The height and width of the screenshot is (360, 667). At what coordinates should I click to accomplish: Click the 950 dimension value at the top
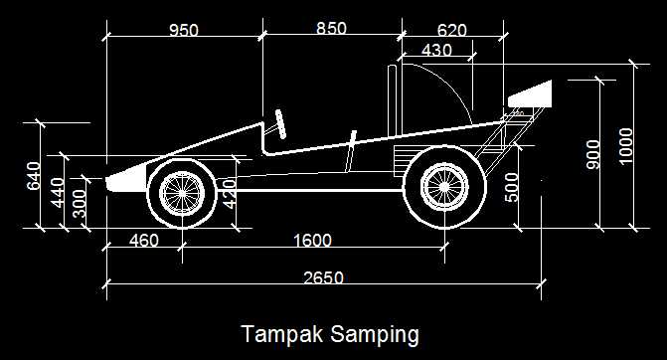click(x=184, y=31)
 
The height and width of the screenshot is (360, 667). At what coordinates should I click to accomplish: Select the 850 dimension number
click(x=331, y=29)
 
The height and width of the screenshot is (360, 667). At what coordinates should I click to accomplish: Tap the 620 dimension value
click(x=451, y=30)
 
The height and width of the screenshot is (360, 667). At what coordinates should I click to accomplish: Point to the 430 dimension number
click(x=436, y=50)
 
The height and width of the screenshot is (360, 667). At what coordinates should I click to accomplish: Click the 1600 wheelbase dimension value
click(x=313, y=241)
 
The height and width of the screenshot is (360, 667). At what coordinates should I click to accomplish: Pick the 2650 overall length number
click(x=323, y=277)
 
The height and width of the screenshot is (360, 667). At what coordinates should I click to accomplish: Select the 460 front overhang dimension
click(x=144, y=241)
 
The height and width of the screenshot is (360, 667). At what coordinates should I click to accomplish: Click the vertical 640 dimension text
click(x=34, y=176)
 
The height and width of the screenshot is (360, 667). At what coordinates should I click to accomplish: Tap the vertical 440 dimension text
click(x=58, y=193)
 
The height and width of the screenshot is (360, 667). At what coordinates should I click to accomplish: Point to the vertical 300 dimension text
click(x=80, y=203)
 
